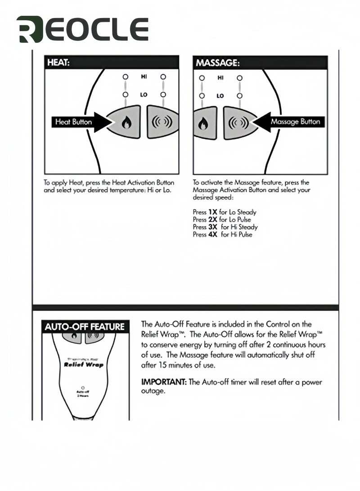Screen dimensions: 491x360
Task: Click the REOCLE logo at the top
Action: (82, 30)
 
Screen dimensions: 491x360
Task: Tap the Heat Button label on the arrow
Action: (73, 122)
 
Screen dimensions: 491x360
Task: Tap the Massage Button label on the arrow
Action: (295, 122)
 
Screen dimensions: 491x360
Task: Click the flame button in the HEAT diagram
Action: (126, 122)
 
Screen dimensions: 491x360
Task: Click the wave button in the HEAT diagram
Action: (162, 122)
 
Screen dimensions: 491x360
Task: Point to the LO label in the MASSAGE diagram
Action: (220, 96)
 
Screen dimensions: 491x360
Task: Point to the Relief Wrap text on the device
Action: (84, 365)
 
